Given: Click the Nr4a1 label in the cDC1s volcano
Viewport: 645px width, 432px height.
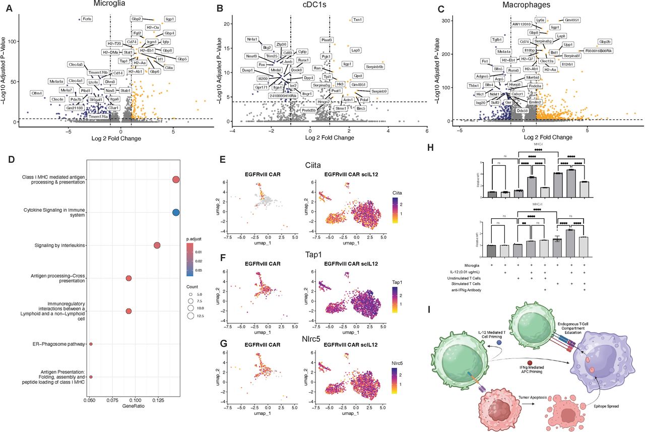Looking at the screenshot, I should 252,39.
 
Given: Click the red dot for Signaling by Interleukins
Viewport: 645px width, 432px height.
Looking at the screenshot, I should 157,245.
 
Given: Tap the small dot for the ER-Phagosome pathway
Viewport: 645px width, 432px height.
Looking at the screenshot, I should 91,344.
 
